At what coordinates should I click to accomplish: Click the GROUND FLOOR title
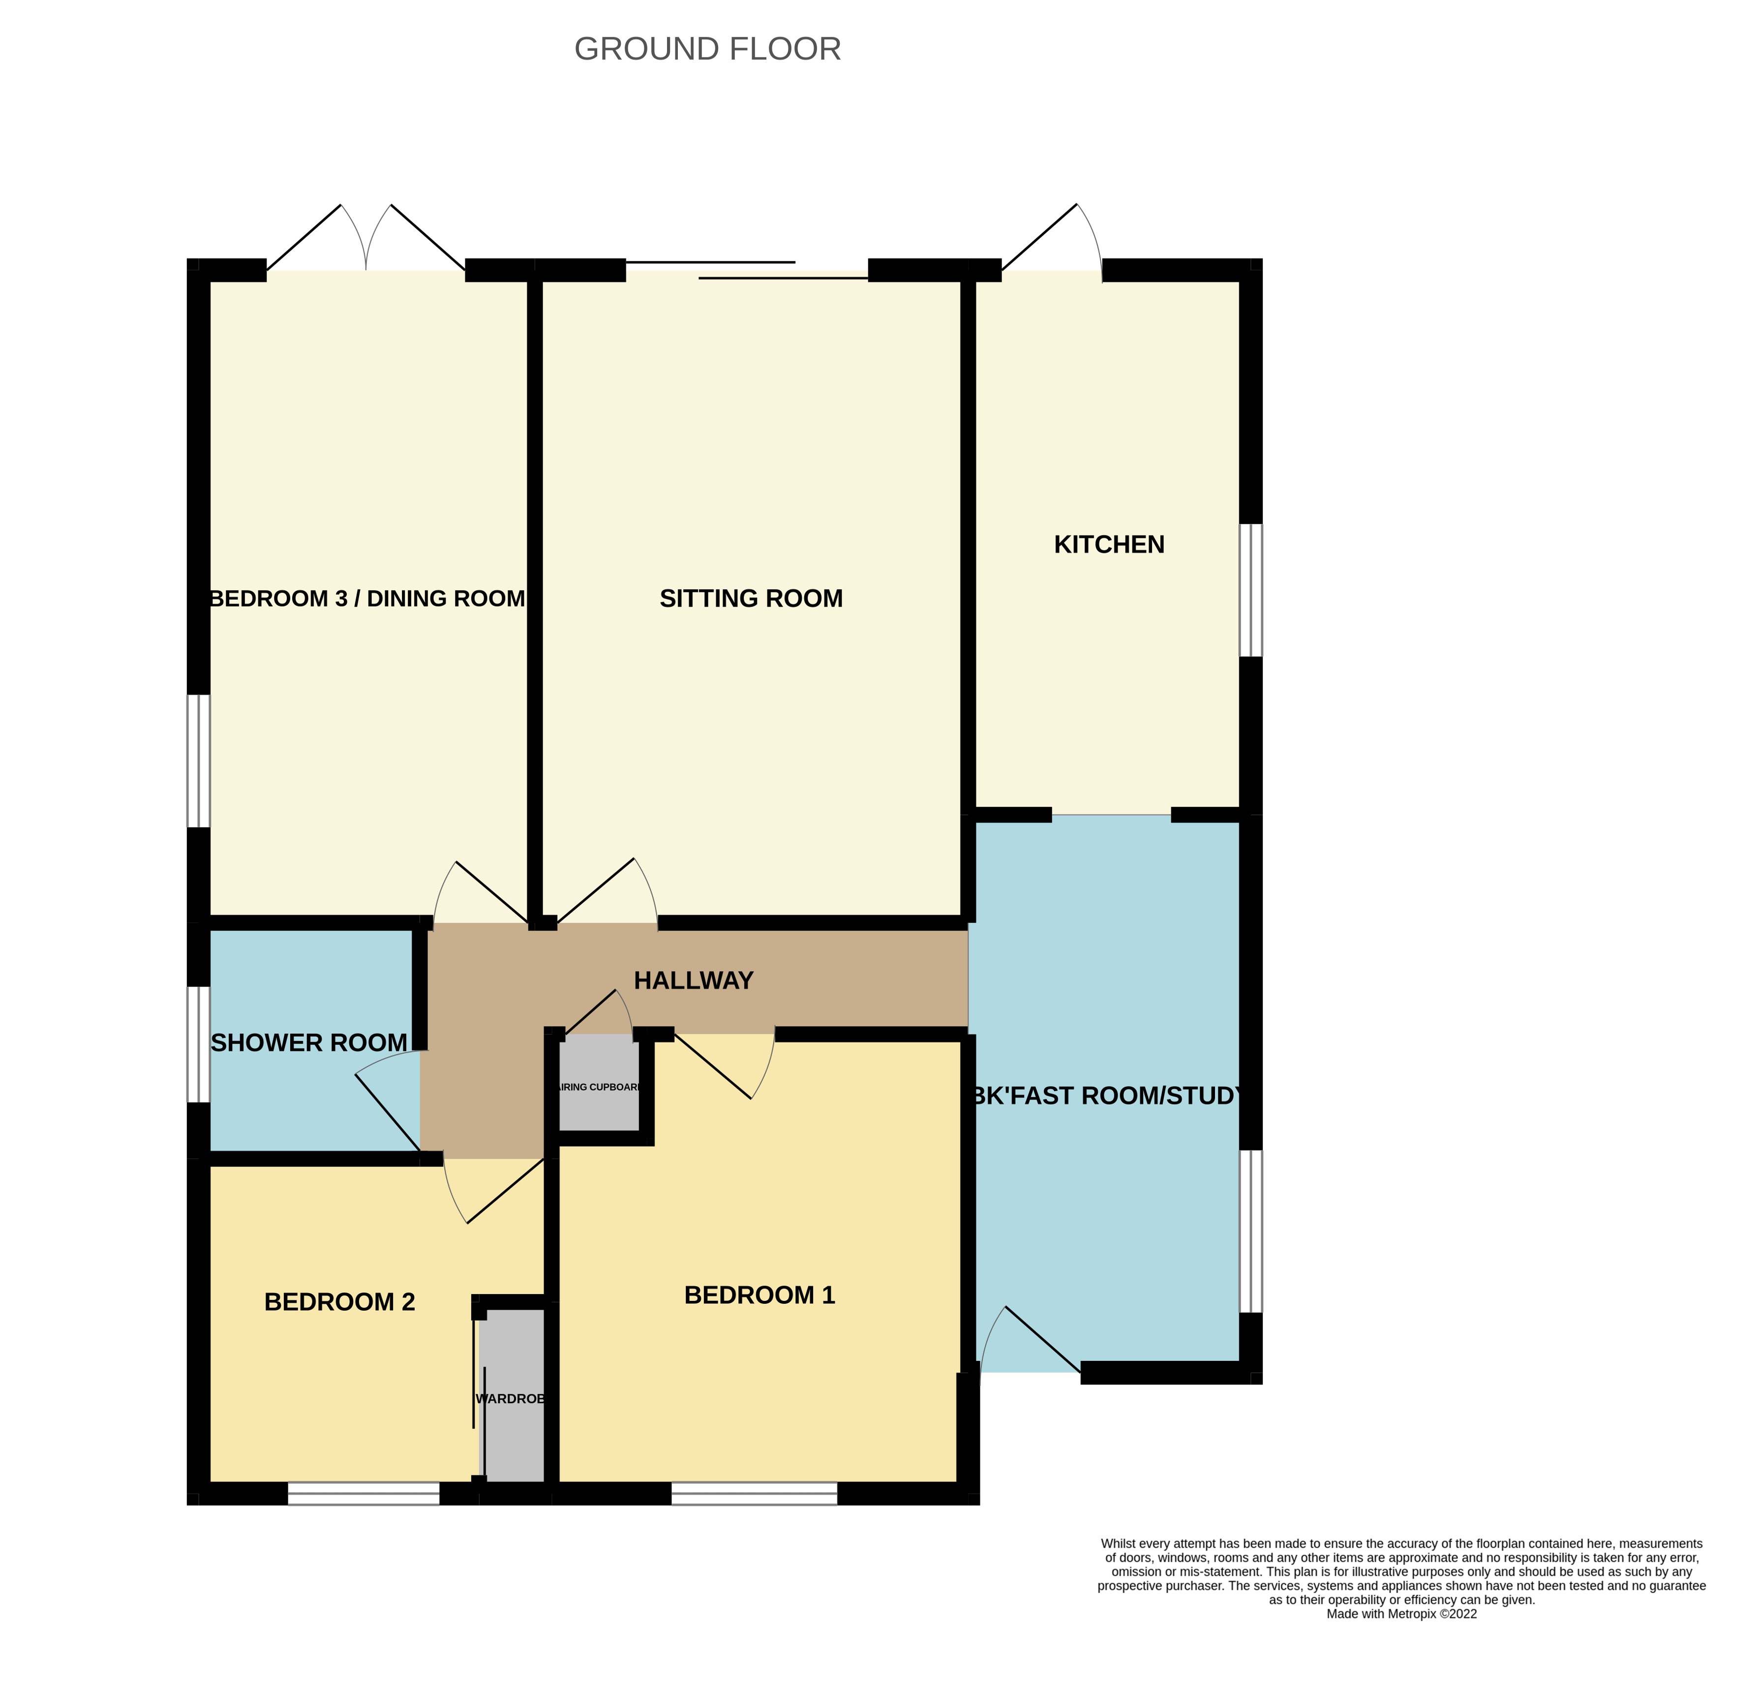point(707,49)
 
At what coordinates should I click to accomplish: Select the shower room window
point(198,1044)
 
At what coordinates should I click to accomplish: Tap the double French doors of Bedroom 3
point(366,241)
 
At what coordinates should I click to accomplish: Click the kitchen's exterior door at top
point(1052,241)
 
